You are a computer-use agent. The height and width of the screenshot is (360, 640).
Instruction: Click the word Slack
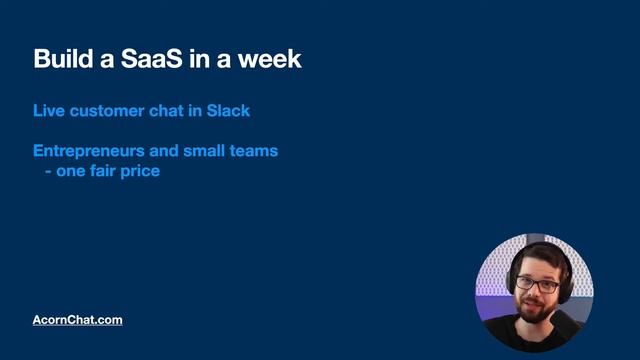tap(229, 110)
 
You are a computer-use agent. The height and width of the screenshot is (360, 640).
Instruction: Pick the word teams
tap(256, 151)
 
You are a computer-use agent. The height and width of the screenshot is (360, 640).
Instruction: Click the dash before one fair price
tap(47, 171)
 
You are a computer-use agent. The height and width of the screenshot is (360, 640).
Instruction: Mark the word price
tap(141, 171)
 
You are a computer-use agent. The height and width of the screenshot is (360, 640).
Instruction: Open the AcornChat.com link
tap(78, 320)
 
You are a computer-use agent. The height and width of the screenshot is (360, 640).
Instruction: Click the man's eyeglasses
tap(537, 284)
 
